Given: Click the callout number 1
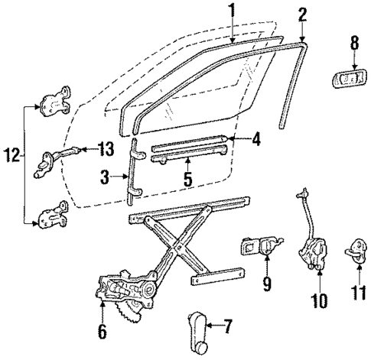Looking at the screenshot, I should click(231, 10).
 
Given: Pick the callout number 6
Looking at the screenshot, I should click(103, 332).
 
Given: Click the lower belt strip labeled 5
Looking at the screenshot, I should click(187, 157).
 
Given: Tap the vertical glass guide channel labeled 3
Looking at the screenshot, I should click(132, 175).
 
